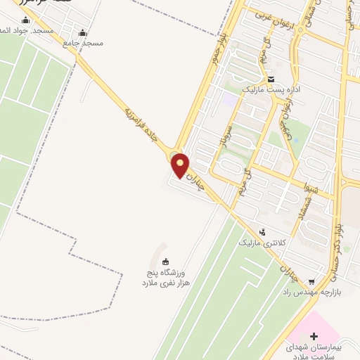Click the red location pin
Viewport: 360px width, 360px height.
pyautogui.click(x=181, y=165)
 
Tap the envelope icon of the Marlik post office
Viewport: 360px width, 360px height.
pyautogui.click(x=271, y=79)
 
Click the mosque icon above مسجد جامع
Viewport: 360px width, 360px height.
pyautogui.click(x=83, y=32)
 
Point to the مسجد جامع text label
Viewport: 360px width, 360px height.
pyautogui.click(x=83, y=43)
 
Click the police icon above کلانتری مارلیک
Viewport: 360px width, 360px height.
pyautogui.click(x=263, y=231)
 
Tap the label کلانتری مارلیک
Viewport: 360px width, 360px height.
pyautogui.click(x=262, y=243)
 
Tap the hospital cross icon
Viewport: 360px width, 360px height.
pyautogui.click(x=314, y=336)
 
